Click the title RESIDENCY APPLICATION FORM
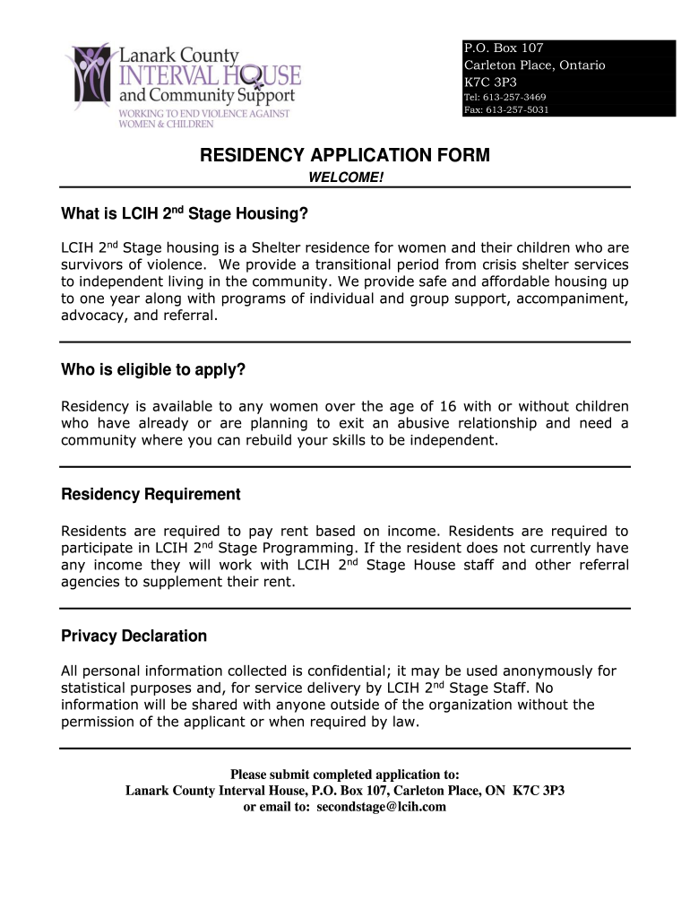345,156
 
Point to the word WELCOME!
345,178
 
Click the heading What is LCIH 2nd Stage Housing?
184,213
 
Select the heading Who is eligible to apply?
152,370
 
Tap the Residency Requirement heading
151,495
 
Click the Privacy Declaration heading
134,637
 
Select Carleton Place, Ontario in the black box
534,65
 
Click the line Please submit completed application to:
345,775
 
